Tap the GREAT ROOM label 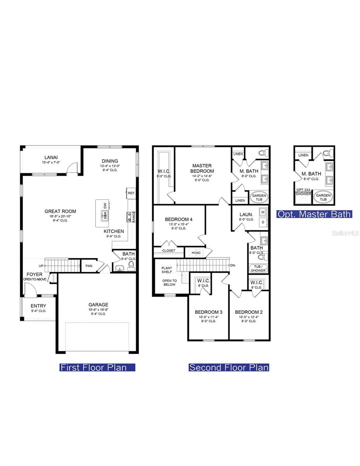[60, 212]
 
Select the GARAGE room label [98, 305]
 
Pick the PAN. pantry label [89, 266]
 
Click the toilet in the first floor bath [131, 266]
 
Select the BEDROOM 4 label [179, 219]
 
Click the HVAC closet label [196, 253]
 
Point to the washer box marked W [263, 212]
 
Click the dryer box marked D [263, 222]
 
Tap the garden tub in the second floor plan [259, 198]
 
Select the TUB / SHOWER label [258, 268]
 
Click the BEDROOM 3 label [209, 312]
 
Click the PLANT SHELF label [167, 270]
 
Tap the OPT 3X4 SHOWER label [303, 192]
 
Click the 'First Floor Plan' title [97, 367]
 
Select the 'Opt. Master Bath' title [314, 214]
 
